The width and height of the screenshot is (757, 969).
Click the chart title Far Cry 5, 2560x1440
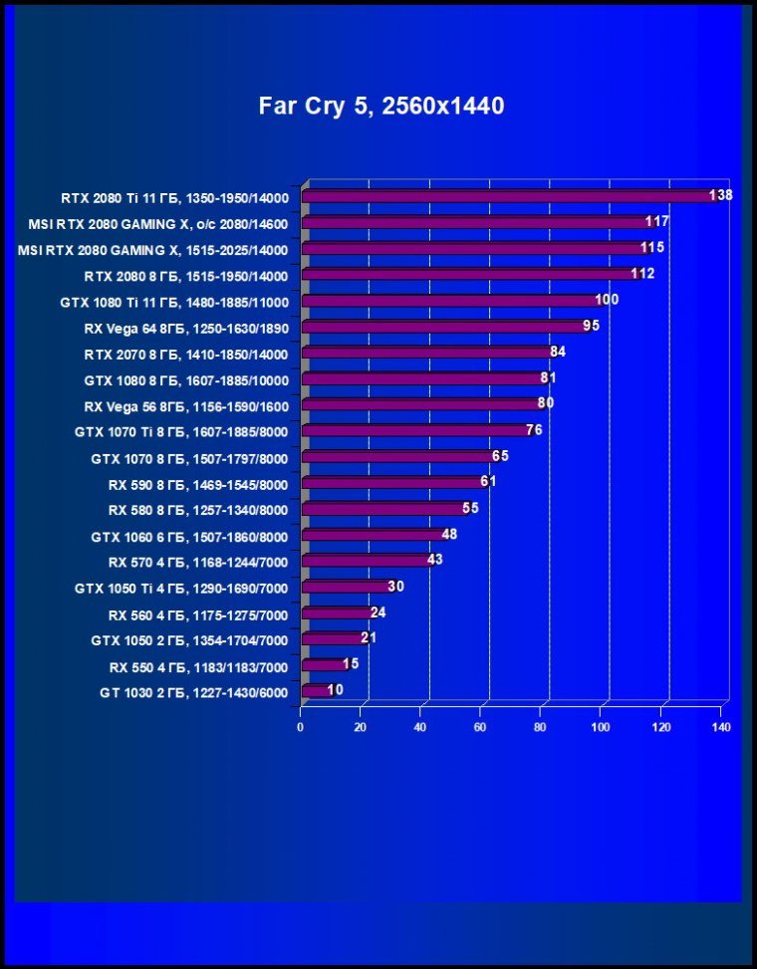(381, 106)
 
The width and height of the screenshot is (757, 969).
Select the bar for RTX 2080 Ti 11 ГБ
(508, 196)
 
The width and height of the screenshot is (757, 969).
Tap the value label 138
(720, 195)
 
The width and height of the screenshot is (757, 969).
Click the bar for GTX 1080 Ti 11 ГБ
(448, 300)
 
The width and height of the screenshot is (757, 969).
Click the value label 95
(591, 326)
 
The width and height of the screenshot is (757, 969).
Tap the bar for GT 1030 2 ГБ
(316, 690)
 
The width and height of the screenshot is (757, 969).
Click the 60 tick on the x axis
(481, 727)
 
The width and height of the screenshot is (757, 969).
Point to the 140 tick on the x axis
(721, 727)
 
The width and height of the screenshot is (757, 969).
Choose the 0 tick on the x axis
(301, 727)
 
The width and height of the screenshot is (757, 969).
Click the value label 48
(449, 534)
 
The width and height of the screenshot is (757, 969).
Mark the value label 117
(656, 221)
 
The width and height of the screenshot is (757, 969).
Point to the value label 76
(534, 430)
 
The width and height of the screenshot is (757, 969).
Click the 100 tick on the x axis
(602, 727)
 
